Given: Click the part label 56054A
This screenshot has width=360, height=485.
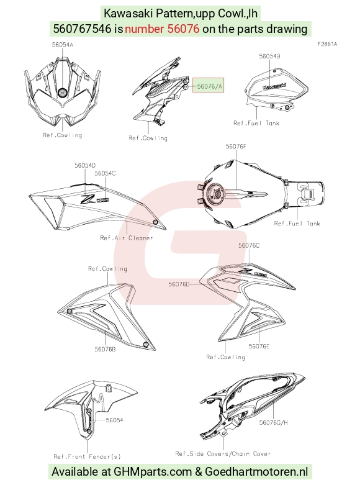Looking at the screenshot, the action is tap(63, 45).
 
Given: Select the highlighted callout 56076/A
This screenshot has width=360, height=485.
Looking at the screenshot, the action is tap(208, 85).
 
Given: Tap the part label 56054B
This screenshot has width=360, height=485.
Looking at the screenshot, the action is tap(270, 57).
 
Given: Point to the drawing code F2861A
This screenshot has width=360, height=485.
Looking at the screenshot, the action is tap(328, 44).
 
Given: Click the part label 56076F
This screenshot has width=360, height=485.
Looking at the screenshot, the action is tap(236, 147).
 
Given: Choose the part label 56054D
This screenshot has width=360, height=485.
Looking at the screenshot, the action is tap(85, 165).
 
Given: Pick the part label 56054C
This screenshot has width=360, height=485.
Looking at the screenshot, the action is tap(105, 173).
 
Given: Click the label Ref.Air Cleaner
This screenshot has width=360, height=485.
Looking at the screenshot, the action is tap(127, 238).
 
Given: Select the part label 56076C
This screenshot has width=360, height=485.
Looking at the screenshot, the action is tap(249, 245).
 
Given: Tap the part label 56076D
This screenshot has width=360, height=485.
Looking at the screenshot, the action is tap(179, 284).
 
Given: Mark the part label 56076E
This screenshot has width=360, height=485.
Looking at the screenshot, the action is tap(259, 347).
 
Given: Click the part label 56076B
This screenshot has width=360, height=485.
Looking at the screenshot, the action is tap(105, 349).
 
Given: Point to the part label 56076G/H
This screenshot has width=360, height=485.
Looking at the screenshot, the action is tap(273, 422).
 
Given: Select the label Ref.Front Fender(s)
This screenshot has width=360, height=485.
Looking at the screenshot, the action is tap(88, 456).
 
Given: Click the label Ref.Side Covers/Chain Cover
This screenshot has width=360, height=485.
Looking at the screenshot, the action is tap(223, 454).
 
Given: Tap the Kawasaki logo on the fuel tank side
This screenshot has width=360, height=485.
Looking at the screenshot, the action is tap(274, 86).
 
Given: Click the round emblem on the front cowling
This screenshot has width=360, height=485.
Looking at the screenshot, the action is tap(63, 93).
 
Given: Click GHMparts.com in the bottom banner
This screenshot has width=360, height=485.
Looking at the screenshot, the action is tap(153, 472).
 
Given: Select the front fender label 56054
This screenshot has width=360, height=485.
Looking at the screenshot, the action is tap(114, 420).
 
